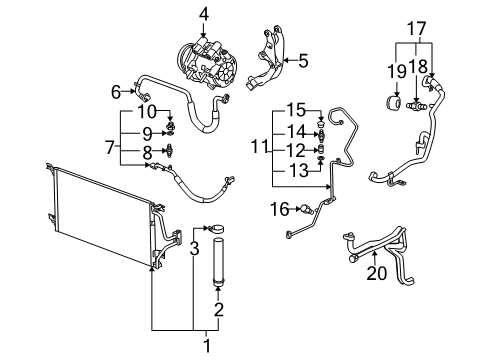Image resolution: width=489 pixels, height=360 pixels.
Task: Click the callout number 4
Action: coord(203,14)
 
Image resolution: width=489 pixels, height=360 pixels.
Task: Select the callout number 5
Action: coord(303,60)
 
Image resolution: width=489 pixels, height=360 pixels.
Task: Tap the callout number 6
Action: coord(117,91)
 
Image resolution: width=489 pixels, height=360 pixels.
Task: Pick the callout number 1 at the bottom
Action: coord(208,347)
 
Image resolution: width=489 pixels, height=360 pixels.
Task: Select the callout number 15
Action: coord(294,110)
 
